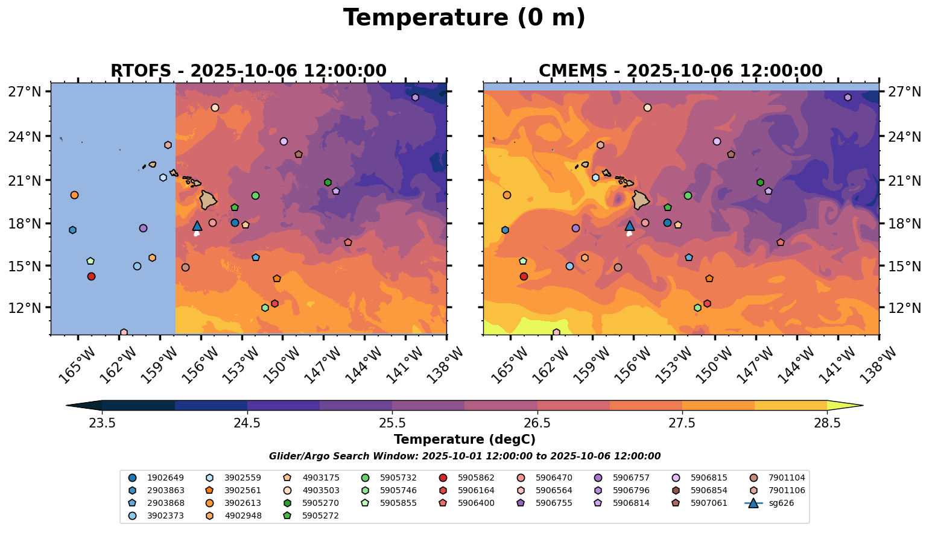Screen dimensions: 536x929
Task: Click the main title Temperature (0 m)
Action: pos(464,18)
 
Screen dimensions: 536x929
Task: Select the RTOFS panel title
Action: pos(248,71)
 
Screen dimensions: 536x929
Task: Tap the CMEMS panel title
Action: pos(680,71)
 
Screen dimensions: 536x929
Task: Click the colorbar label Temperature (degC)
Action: pos(464,440)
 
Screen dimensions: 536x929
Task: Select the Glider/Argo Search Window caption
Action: pos(464,456)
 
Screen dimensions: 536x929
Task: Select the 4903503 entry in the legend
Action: pos(320,490)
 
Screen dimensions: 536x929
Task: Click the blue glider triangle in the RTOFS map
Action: pos(197,226)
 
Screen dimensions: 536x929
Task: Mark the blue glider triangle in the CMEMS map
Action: pos(630,226)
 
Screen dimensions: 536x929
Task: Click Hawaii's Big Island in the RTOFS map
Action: pos(208,200)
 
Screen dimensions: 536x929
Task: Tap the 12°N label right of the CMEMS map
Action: pos(904,308)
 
